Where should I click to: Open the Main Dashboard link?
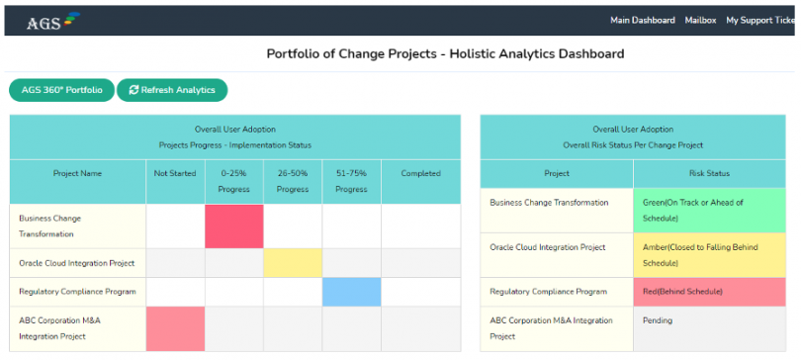pos(643,20)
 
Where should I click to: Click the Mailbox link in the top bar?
pos(700,20)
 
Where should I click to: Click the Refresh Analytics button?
pos(172,90)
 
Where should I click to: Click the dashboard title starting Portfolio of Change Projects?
pos(445,53)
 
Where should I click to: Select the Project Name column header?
pos(77,173)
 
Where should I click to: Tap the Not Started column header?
pos(175,173)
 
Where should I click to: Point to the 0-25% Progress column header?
pos(234,181)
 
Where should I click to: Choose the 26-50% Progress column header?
pos(293,181)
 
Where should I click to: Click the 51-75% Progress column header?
pos(351,181)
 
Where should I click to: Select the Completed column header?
pos(420,173)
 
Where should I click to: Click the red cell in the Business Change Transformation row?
pos(234,225)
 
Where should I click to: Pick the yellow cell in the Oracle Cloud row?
pos(293,262)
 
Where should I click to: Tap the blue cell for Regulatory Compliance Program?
pos(351,292)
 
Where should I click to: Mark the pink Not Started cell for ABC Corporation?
pos(175,328)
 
